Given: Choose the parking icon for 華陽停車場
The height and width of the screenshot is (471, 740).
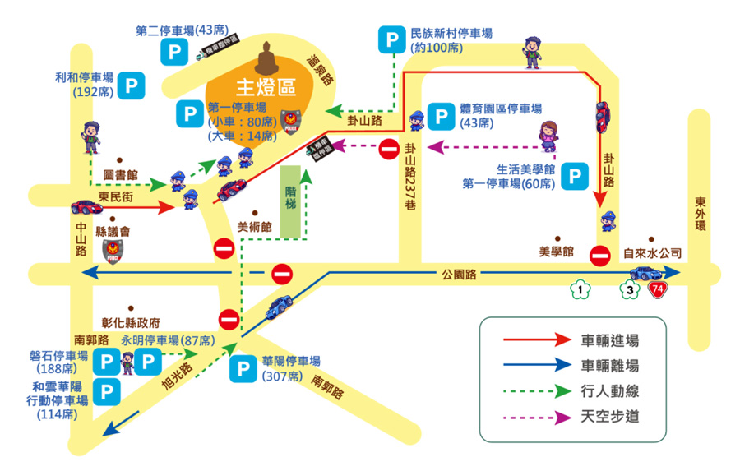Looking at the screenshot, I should pyautogui.click(x=243, y=368).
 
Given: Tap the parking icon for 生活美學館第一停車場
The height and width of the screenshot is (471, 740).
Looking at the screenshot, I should pyautogui.click(x=578, y=176).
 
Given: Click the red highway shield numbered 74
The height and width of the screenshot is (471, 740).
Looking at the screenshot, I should pyautogui.click(x=657, y=289).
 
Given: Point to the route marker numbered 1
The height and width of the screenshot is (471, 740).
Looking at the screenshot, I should pyautogui.click(x=580, y=289).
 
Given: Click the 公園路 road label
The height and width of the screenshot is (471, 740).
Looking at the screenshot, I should pyautogui.click(x=459, y=273).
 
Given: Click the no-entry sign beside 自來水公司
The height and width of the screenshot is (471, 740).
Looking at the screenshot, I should pyautogui.click(x=601, y=256).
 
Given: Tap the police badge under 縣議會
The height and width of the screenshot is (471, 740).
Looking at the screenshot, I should pyautogui.click(x=110, y=252).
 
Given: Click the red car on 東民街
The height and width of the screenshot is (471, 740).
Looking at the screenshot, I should pyautogui.click(x=83, y=205).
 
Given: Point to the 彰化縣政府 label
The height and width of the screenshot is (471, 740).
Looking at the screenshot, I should pyautogui.click(x=131, y=322).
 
